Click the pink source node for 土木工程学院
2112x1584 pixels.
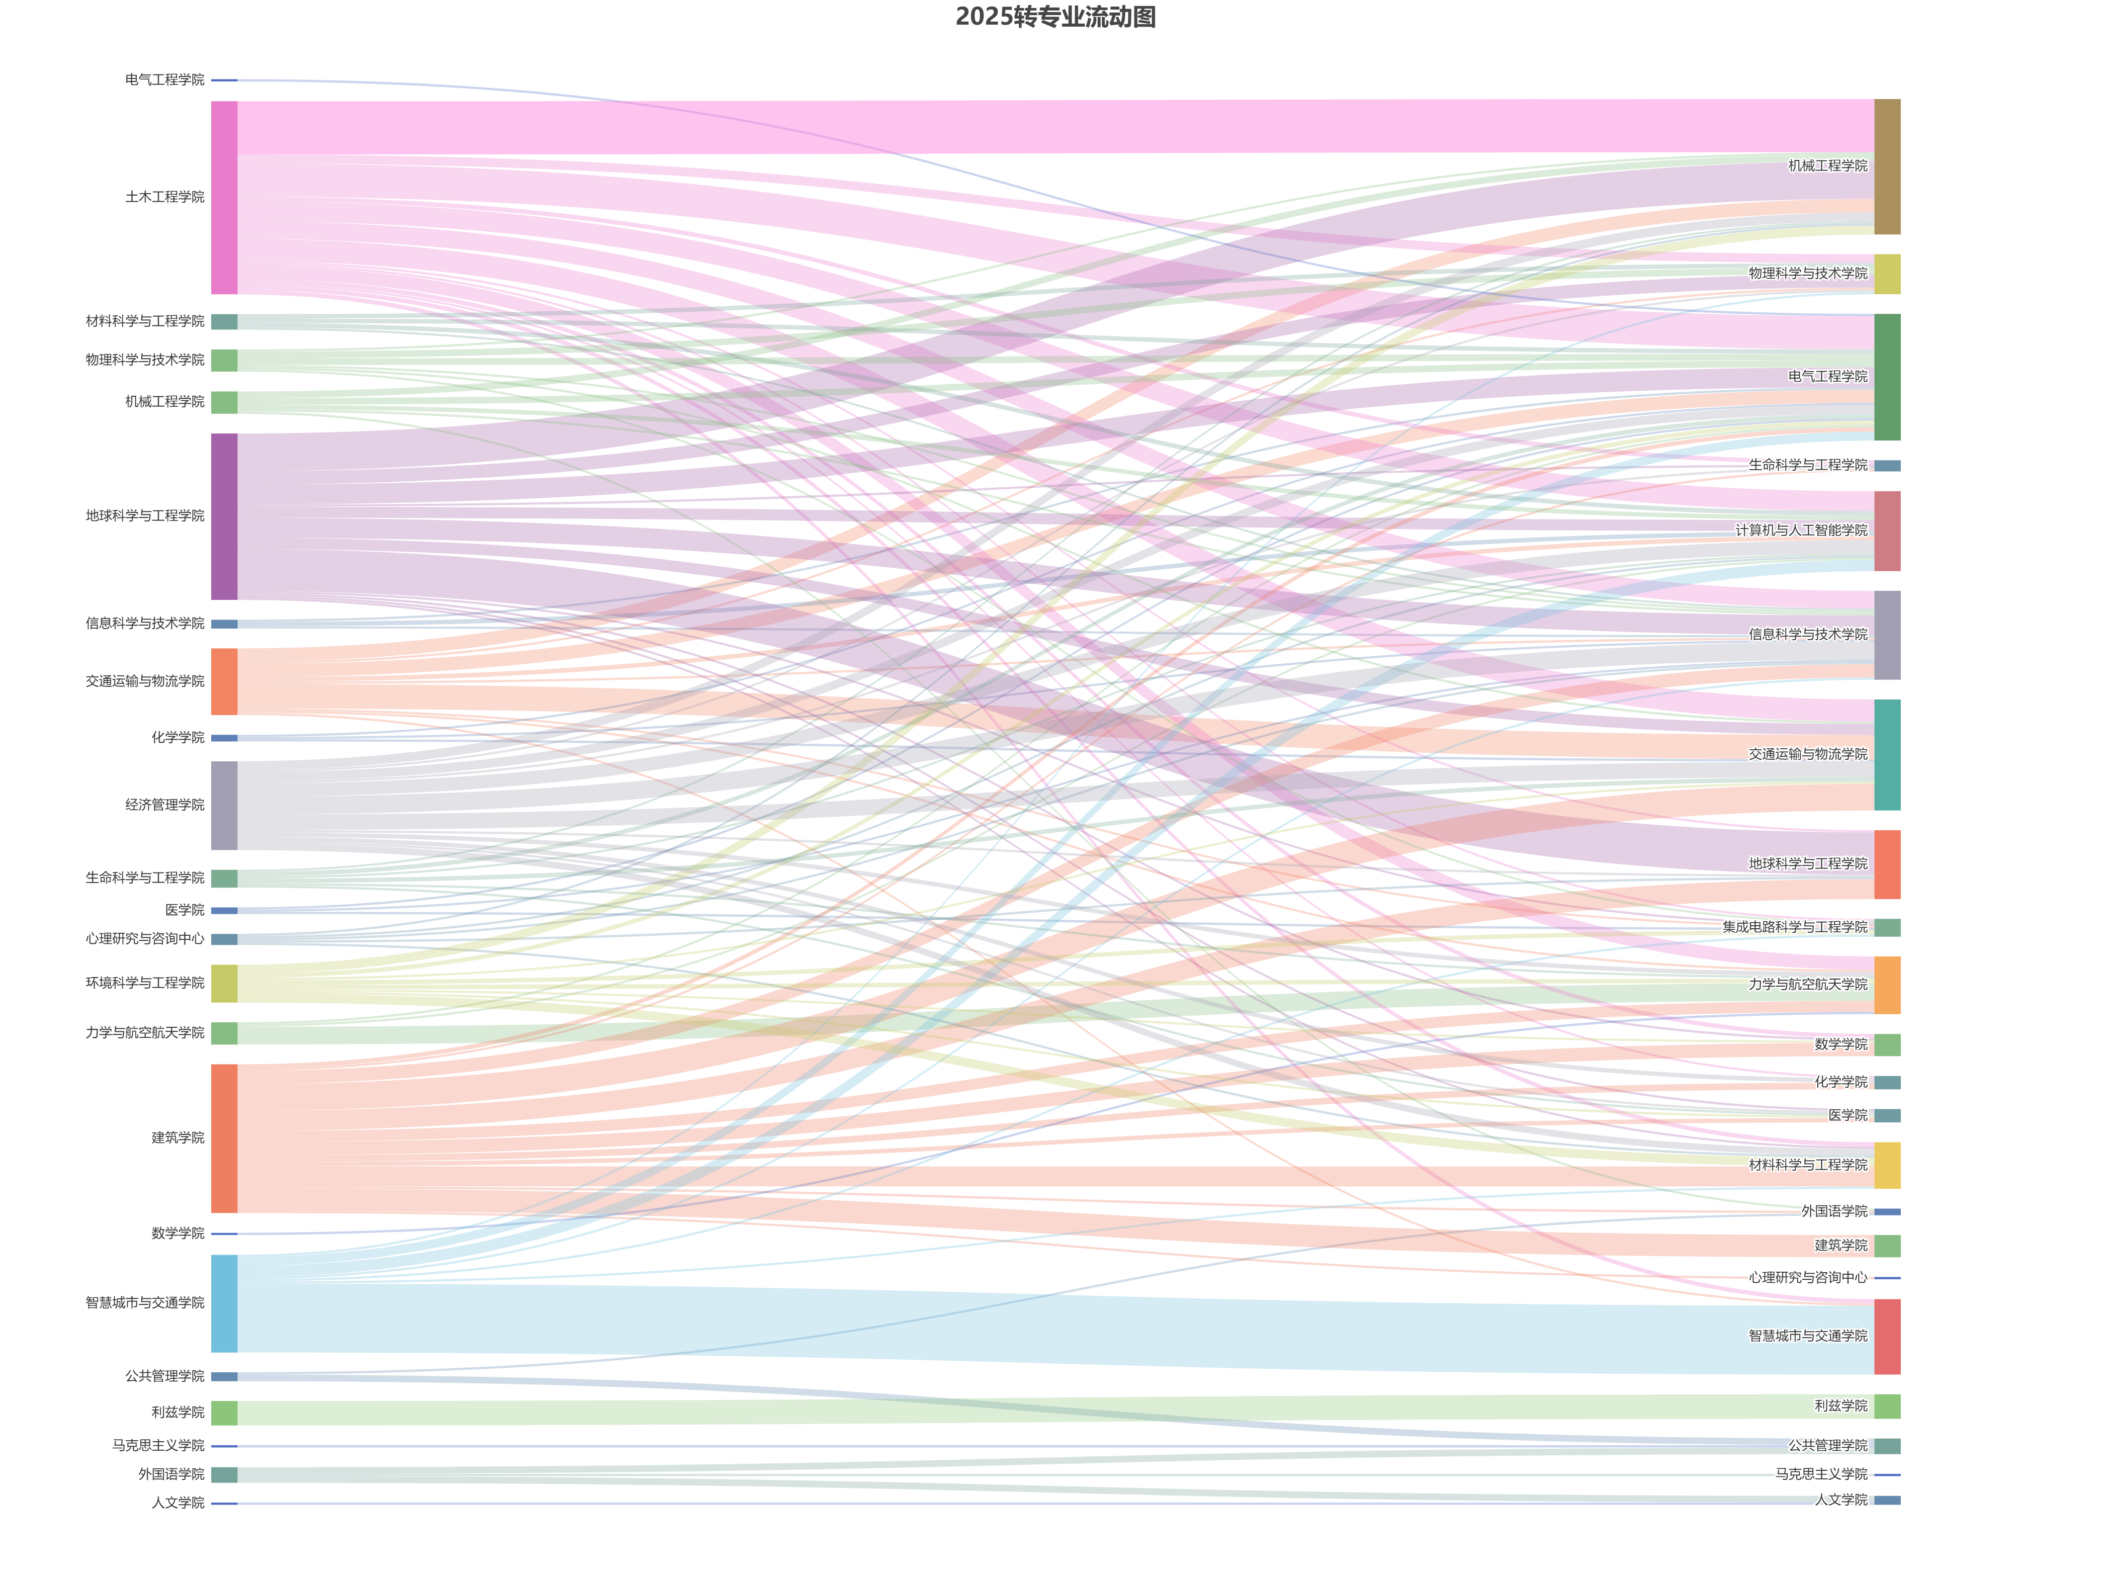pos(224,198)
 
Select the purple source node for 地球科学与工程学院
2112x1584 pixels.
pos(224,516)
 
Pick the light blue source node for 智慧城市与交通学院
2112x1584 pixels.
pos(224,1303)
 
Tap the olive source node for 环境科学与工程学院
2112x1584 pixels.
pos(224,984)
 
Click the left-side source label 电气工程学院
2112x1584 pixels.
pos(164,80)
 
